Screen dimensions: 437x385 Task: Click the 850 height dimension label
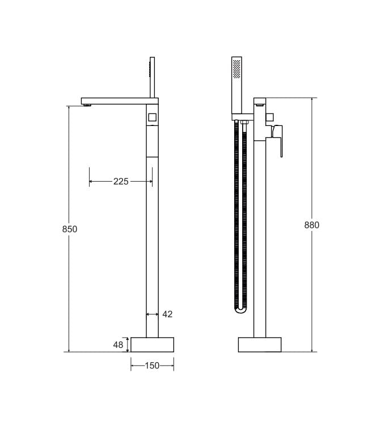(x=69, y=229)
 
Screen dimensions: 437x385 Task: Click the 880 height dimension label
(x=312, y=225)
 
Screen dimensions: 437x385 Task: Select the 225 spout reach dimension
(x=121, y=182)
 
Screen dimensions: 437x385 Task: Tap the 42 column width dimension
(x=167, y=314)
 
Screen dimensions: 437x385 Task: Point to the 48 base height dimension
(x=118, y=344)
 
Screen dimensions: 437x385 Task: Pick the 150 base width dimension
(x=152, y=366)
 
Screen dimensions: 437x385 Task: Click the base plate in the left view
(x=152, y=344)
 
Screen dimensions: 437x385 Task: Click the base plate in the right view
(x=260, y=344)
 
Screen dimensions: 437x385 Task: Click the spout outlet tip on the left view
(x=87, y=106)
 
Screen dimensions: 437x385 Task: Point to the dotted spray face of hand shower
(x=236, y=69)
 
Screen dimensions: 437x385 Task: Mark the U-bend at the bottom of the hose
(x=241, y=309)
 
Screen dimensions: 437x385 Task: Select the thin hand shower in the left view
(x=151, y=77)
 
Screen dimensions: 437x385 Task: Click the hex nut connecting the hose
(x=244, y=121)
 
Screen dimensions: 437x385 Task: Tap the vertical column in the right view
(x=260, y=238)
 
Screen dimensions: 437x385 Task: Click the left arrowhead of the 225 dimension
(x=91, y=182)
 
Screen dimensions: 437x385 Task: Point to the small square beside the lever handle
(x=270, y=118)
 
